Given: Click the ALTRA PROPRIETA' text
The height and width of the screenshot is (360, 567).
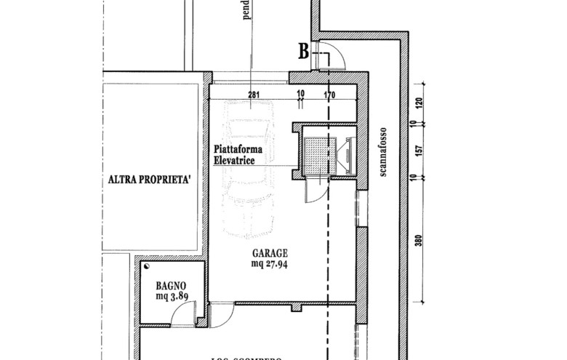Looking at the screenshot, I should [149, 179].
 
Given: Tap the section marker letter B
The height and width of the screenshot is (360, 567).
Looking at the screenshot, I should [305, 51].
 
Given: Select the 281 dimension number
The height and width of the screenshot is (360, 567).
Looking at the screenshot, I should [254, 94].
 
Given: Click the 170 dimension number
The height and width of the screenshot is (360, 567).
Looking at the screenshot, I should [330, 94].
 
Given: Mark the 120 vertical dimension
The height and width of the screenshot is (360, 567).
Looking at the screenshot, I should [419, 104].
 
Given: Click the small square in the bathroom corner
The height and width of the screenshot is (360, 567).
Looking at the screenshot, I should [148, 267].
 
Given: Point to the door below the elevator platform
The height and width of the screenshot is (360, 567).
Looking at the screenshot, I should [313, 191].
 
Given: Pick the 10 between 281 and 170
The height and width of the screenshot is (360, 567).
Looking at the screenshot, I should [300, 94].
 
